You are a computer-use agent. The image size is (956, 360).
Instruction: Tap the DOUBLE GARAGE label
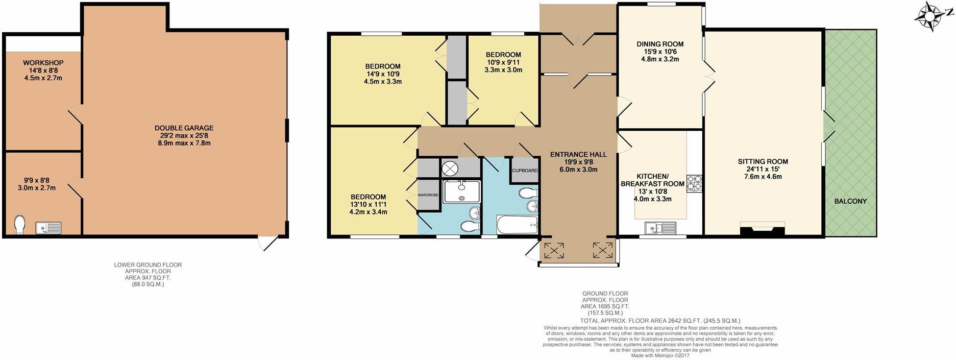(x=184, y=128)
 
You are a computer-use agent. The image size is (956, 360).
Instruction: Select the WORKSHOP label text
(x=43, y=63)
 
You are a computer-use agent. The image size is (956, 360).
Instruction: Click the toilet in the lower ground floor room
(x=19, y=225)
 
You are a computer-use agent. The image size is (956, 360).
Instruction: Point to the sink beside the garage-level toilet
(x=48, y=228)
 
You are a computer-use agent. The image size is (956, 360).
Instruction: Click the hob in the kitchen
(x=694, y=183)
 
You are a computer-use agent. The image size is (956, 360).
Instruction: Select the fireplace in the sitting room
(x=762, y=229)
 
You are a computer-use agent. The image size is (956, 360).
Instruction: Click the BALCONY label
(x=850, y=201)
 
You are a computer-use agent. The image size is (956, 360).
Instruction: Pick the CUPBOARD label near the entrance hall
(x=525, y=171)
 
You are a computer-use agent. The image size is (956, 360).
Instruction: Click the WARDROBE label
(x=428, y=195)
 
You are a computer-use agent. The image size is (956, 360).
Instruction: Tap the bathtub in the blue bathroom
(x=518, y=225)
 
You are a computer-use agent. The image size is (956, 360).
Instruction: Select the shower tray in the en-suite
(x=461, y=191)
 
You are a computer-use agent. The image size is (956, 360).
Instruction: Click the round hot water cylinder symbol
(x=450, y=168)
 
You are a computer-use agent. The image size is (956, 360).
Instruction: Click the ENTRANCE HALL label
(x=578, y=154)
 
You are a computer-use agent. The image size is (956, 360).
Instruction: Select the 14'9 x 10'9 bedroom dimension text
(x=382, y=74)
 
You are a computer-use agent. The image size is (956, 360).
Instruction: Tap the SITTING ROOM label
(x=763, y=162)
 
